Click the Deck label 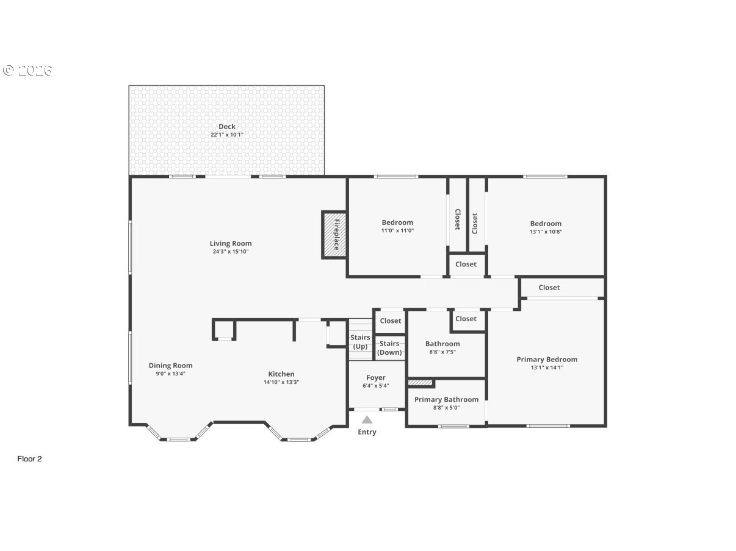coord(227,127)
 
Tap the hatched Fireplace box coord(334,235)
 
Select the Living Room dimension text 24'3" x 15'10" coord(231,251)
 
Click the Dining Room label coord(170,366)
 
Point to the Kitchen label coord(281,374)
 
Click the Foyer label coord(376,378)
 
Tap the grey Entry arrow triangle coord(367,419)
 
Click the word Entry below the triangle coord(367,432)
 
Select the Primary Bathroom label coord(446,400)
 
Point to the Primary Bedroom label coord(547,360)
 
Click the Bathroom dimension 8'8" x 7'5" coord(442,352)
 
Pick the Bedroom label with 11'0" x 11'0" coord(397,222)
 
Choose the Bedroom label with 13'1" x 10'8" coord(546,224)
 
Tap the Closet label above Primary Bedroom coord(549,288)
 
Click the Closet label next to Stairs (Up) coord(391,321)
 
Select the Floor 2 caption coord(29,459)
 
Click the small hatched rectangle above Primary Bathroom coord(420,383)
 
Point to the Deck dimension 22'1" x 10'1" coord(227,135)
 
